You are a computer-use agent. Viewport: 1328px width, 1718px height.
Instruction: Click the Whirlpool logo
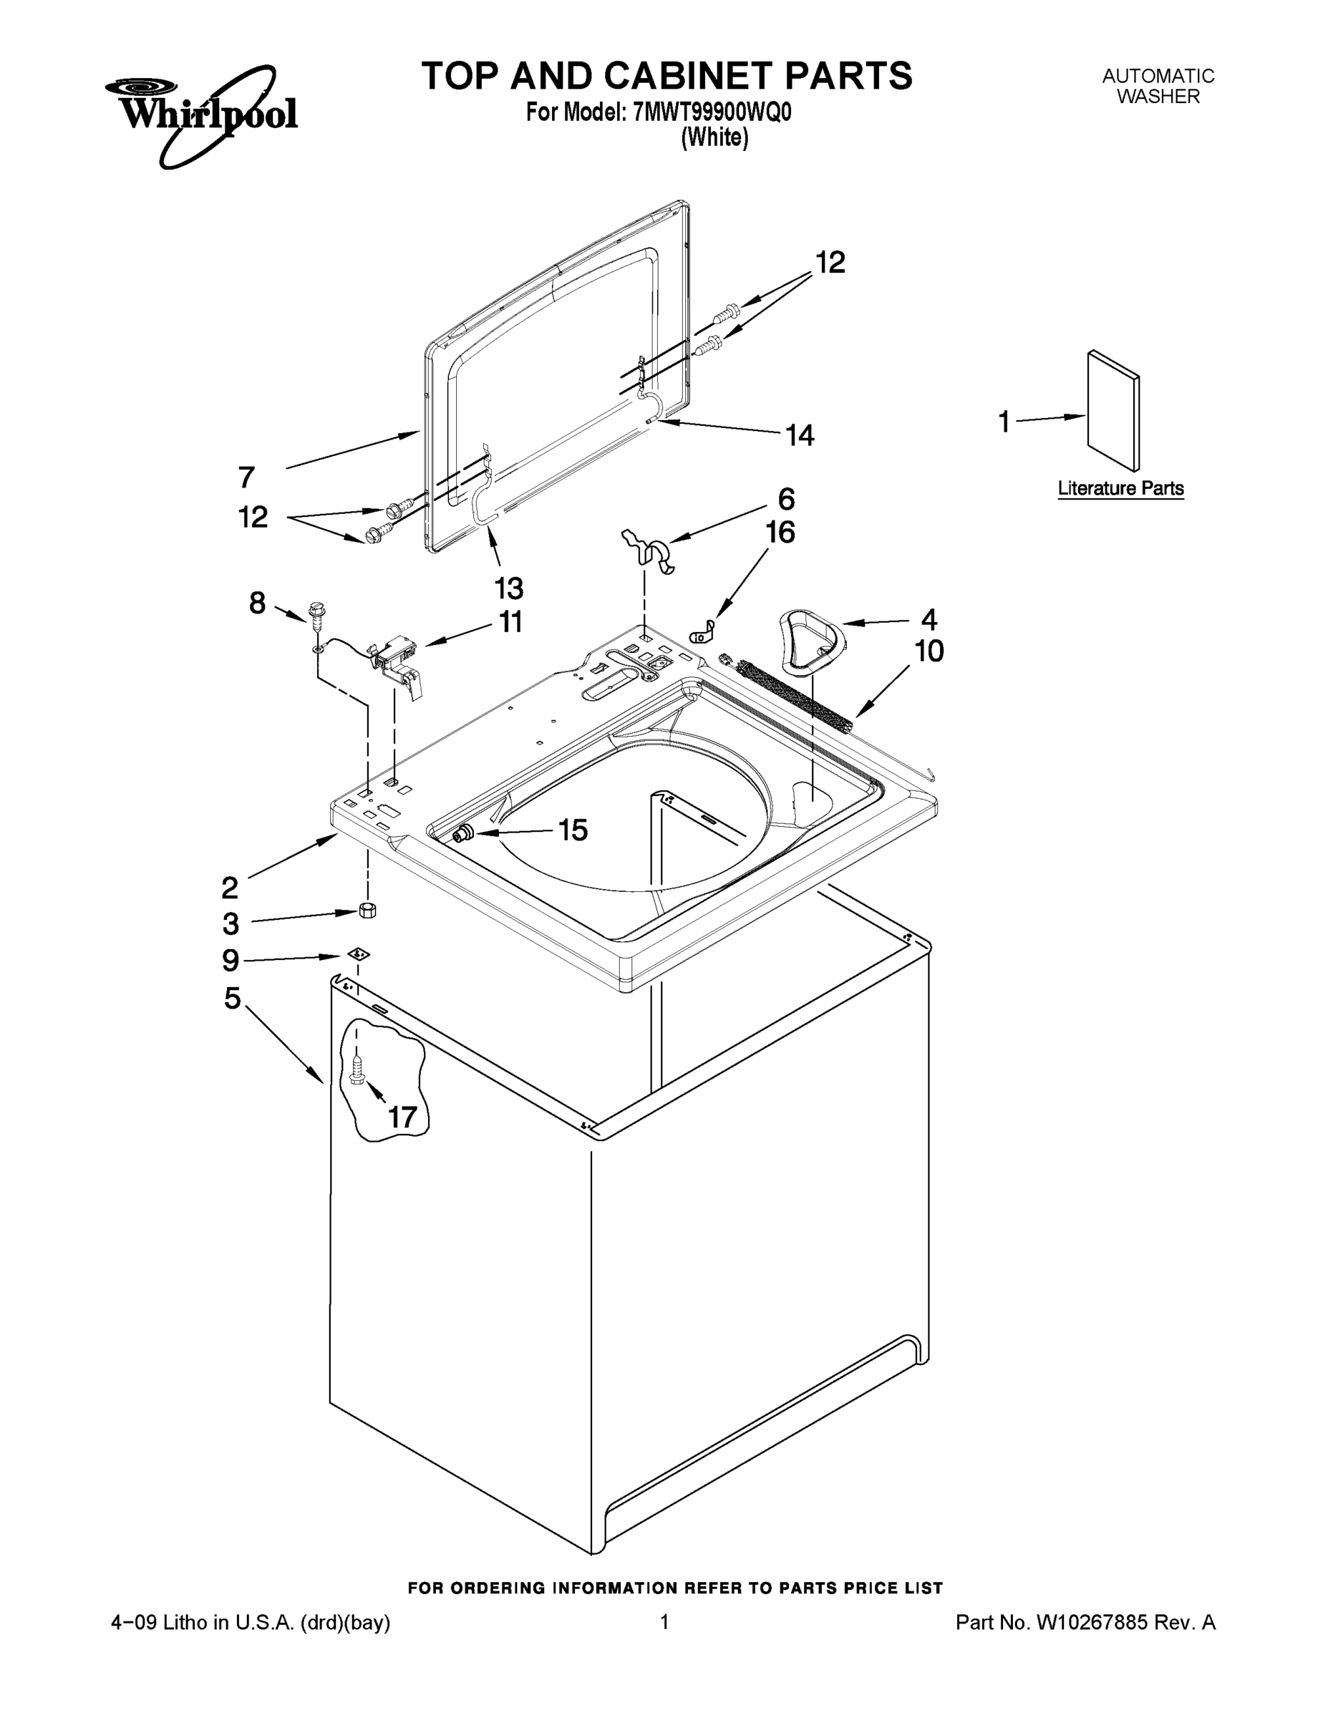201,115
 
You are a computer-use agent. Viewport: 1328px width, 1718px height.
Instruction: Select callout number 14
800,435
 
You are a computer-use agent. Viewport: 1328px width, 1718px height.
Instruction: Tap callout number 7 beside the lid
246,477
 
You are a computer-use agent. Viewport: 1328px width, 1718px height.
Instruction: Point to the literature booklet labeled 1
1113,411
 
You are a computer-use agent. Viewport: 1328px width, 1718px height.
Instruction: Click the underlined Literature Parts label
1120,488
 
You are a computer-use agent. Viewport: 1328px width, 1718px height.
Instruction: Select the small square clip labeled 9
359,954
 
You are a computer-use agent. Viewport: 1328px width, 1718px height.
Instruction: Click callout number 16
780,533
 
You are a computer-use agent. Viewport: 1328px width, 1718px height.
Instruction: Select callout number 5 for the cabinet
232,999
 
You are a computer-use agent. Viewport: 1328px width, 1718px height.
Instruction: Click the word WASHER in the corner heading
1158,97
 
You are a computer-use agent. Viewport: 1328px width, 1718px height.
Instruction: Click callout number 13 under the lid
508,588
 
